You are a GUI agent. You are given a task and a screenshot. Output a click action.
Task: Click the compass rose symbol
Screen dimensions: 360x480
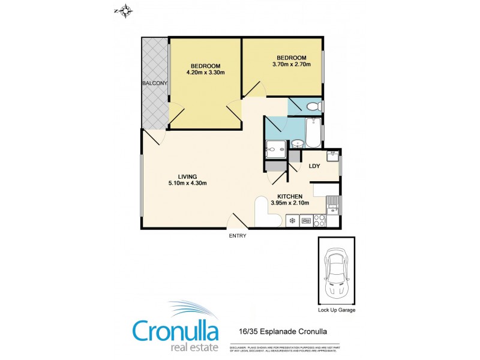click(126, 10)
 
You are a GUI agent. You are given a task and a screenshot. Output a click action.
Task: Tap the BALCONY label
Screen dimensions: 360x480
click(154, 83)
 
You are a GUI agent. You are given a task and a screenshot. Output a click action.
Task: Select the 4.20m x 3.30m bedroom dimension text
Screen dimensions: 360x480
click(206, 73)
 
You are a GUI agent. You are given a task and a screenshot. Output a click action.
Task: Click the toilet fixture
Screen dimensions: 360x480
click(313, 107)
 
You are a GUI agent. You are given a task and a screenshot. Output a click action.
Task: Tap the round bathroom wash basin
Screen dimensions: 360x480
click(297, 144)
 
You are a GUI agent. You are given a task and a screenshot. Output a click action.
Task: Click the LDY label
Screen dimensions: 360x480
click(314, 166)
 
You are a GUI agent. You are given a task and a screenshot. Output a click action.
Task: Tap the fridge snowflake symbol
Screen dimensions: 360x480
click(293, 221)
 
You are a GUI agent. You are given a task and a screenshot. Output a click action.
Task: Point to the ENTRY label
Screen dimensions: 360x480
click(238, 236)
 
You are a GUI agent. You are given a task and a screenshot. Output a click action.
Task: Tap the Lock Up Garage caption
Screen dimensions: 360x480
click(336, 311)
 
